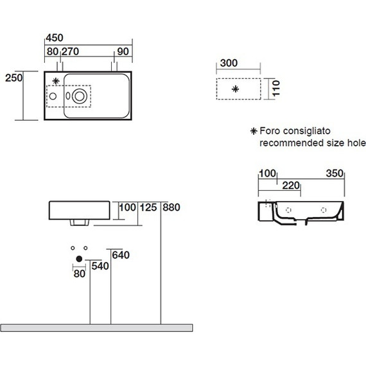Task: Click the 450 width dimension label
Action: [x=55, y=38]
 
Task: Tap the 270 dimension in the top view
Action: [x=70, y=51]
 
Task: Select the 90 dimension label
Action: [x=123, y=51]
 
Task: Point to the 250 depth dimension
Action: [x=13, y=78]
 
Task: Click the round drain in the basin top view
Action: [x=80, y=96]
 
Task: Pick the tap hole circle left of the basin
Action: [x=53, y=96]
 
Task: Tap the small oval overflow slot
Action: [x=68, y=96]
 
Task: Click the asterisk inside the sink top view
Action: [x=56, y=82]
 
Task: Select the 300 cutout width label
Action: [x=229, y=63]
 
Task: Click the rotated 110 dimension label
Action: [x=276, y=88]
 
